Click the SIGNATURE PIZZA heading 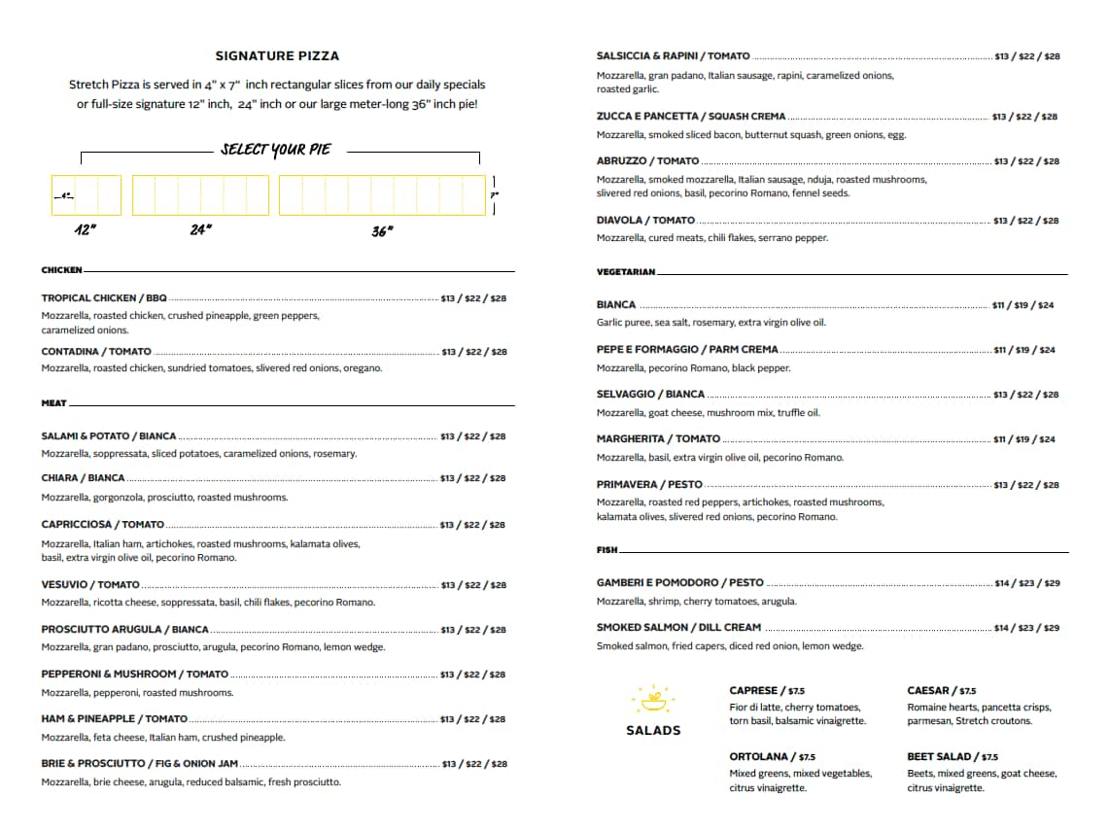pos(277,56)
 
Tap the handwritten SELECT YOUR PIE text pos(275,150)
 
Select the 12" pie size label pos(86,230)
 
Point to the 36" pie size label pos(382,230)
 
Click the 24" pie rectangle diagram pos(200,195)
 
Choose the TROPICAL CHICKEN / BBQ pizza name pos(104,298)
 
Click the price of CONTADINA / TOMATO pos(474,352)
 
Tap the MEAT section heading pos(54,403)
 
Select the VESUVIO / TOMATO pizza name pos(90,585)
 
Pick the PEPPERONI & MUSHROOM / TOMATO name pos(135,675)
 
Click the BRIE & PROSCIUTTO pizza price pos(474,764)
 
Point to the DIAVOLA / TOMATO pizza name pos(645,221)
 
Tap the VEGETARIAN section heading pos(626,272)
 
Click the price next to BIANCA pos(1022,305)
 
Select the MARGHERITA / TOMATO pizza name pos(658,439)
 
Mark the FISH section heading pos(606,550)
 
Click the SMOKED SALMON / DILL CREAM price pos(1027,628)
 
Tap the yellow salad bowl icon pos(652,698)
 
